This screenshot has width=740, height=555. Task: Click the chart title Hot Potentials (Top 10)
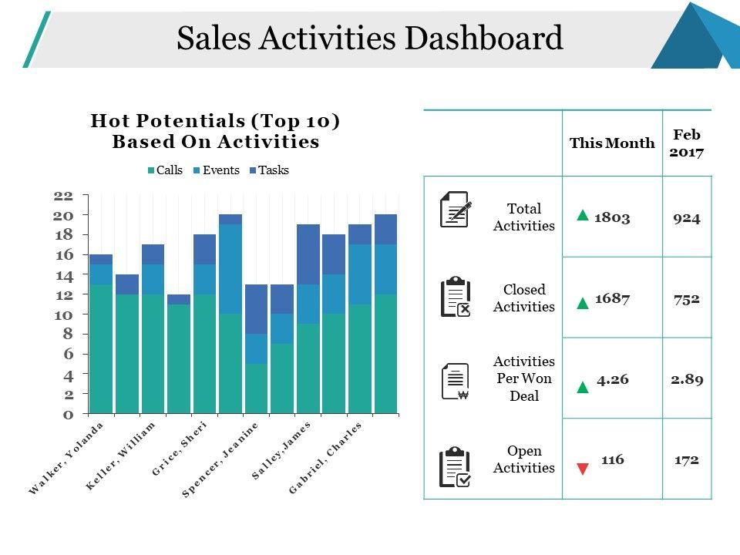pyautogui.click(x=215, y=122)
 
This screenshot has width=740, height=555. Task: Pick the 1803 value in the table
pyautogui.click(x=612, y=217)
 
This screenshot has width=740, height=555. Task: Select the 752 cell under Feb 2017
pyautogui.click(x=686, y=298)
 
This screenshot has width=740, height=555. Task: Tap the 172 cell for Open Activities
pyautogui.click(x=686, y=459)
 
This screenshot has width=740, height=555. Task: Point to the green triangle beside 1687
pyautogui.click(x=583, y=304)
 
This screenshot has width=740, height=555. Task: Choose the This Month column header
pyautogui.click(x=612, y=143)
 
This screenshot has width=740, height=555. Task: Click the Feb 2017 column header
pyautogui.click(x=686, y=143)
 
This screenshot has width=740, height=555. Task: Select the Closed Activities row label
pyautogui.click(x=524, y=298)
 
